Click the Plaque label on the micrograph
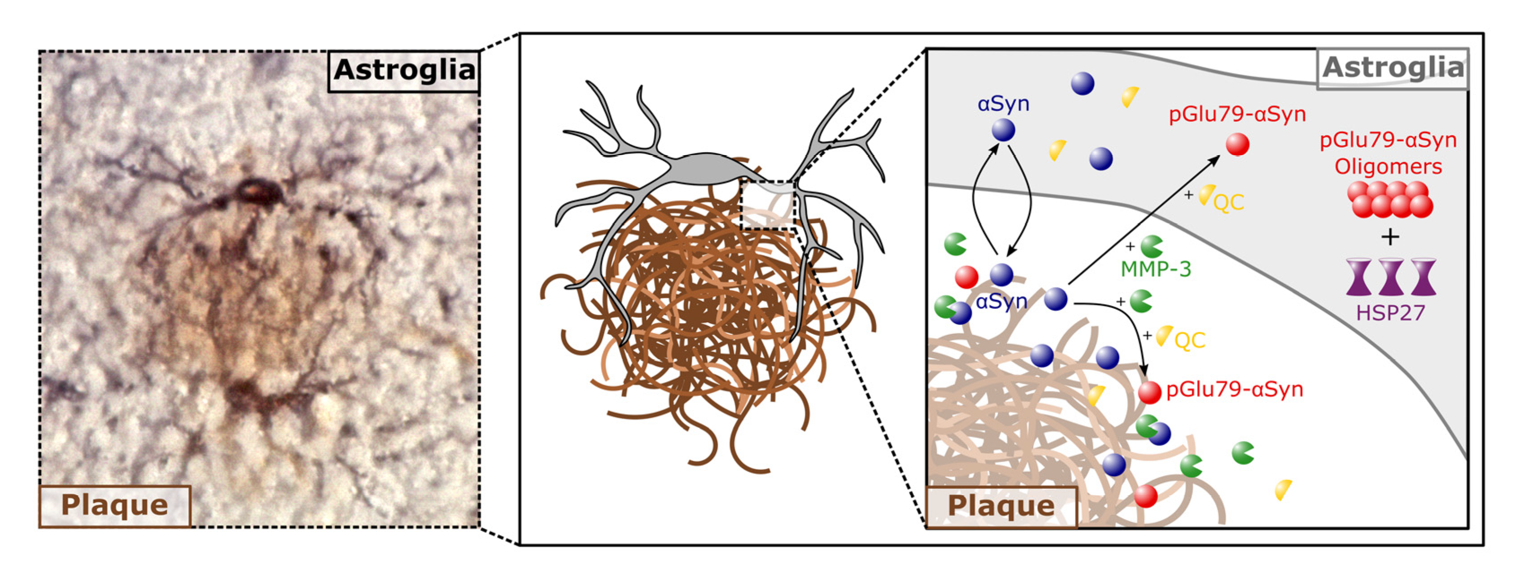[115, 505]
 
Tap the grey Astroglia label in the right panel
[1393, 68]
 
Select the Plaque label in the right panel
[1001, 506]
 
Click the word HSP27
[1391, 313]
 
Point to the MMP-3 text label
[1156, 269]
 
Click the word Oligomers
[1388, 167]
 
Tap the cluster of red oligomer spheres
[1390, 199]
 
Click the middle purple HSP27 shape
[1391, 277]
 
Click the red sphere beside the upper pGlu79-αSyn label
[1238, 144]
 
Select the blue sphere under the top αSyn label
[1003, 130]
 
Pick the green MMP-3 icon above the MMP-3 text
[1151, 246]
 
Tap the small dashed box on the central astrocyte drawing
[767, 205]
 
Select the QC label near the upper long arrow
[1229, 202]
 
